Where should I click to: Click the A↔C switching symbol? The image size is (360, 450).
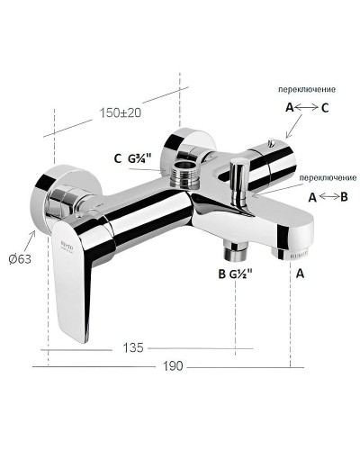pyautogui.click(x=306, y=107)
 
